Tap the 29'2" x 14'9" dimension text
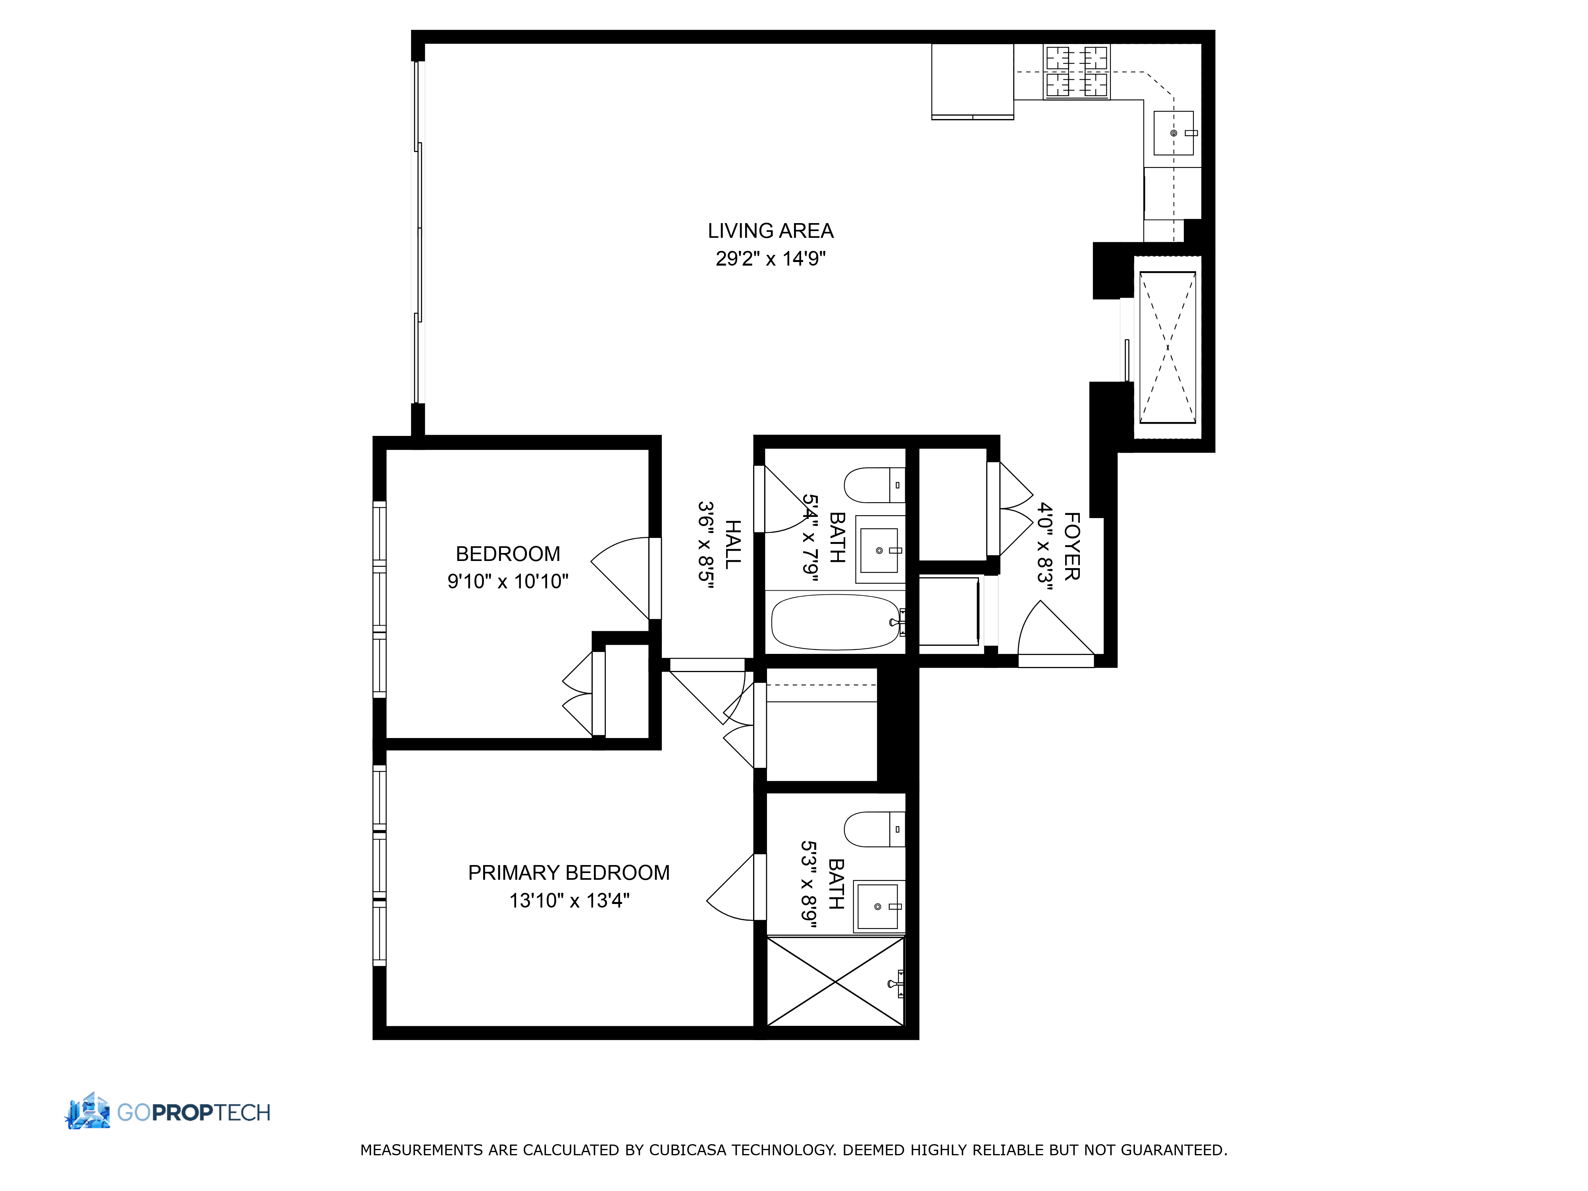(x=770, y=258)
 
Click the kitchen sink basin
(x=1172, y=133)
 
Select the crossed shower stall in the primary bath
(x=835, y=981)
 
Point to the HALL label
(x=732, y=545)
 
